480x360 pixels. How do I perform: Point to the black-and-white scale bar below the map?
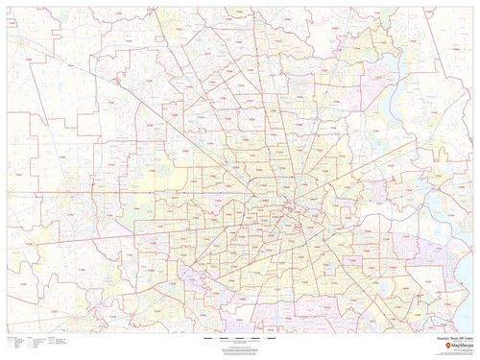point(239,339)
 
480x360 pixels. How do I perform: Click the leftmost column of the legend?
point(10,343)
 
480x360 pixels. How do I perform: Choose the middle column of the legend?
point(23,343)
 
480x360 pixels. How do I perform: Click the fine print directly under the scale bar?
point(239,344)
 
